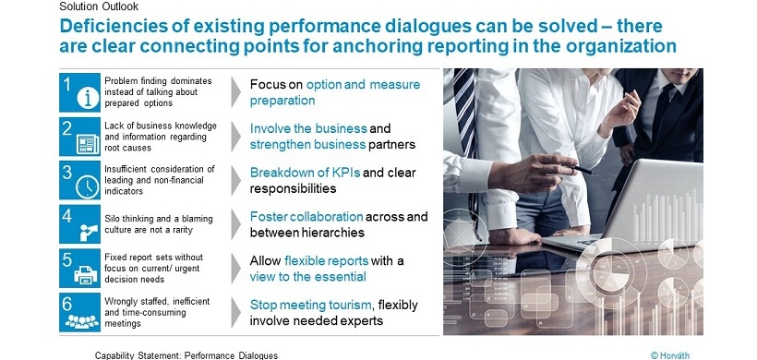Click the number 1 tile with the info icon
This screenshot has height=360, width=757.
[x=79, y=92]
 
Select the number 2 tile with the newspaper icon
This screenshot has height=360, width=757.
[x=79, y=137]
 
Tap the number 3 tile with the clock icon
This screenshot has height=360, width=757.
[x=79, y=181]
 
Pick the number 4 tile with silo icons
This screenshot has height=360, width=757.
[x=79, y=224]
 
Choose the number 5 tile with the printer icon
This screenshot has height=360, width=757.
[x=79, y=268]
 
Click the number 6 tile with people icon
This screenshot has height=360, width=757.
[x=79, y=312]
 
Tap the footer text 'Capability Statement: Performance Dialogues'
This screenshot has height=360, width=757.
[x=186, y=354]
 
